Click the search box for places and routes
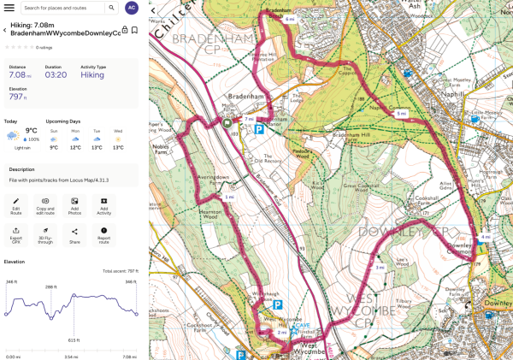(64, 8)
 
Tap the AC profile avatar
(131, 8)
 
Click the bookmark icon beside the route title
(135, 30)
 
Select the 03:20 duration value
(56, 75)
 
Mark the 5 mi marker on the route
(401, 113)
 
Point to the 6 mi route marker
(290, 19)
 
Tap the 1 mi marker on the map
(228, 197)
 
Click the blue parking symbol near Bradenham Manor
(258, 129)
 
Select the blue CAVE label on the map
(301, 326)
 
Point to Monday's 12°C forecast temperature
(75, 147)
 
